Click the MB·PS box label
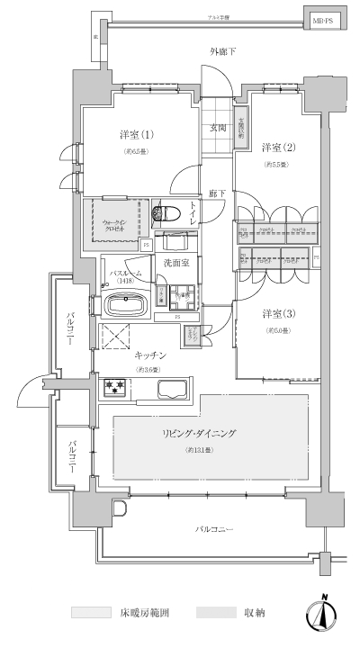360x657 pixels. [321, 18]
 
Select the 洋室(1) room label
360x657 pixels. [136, 135]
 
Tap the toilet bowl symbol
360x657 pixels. [167, 213]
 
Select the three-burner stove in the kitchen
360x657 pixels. [116, 388]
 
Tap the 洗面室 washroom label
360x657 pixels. [176, 262]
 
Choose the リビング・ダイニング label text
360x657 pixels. [199, 434]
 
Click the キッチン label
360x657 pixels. [148, 355]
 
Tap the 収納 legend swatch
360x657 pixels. [215, 613]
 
